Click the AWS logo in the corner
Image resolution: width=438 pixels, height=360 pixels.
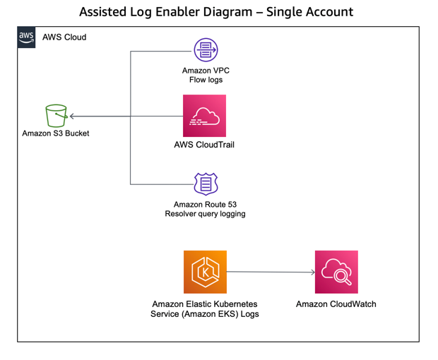pos(26,37)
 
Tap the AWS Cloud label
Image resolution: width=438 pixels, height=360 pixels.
pos(64,37)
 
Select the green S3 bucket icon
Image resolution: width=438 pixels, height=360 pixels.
pos(55,115)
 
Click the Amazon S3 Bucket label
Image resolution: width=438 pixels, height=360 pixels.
pos(56,133)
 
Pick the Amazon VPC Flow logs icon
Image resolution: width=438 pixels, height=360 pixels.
pos(206,50)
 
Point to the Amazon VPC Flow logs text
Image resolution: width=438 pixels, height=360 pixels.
pos(206,76)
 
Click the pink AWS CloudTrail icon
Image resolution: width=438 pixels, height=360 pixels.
pos(204,116)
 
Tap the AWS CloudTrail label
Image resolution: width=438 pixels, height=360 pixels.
pos(204,145)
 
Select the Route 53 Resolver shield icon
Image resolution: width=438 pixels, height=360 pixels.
pos(206,184)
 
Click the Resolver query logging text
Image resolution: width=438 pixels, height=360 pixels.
pos(205,214)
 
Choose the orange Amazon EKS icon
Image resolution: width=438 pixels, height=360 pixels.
pos(204,272)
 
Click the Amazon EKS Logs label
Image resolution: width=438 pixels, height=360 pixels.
pos(205,308)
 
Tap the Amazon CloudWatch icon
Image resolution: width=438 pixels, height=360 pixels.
pos(336,272)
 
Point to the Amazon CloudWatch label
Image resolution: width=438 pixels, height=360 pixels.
pos(336,304)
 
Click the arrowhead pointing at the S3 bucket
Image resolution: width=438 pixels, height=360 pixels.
pos(73,116)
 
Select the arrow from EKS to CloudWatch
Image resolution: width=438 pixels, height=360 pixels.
pos(271,272)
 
